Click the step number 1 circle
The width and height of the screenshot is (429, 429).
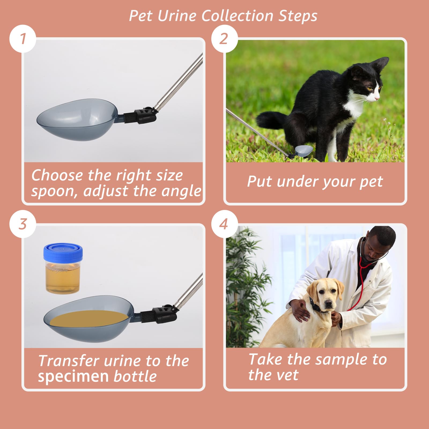coord(23,39)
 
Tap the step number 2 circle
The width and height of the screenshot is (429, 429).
coord(224,39)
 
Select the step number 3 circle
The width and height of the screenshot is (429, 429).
coord(23,224)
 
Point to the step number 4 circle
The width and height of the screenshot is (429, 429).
coord(224,224)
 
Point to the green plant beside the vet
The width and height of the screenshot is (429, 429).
coord(245,287)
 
